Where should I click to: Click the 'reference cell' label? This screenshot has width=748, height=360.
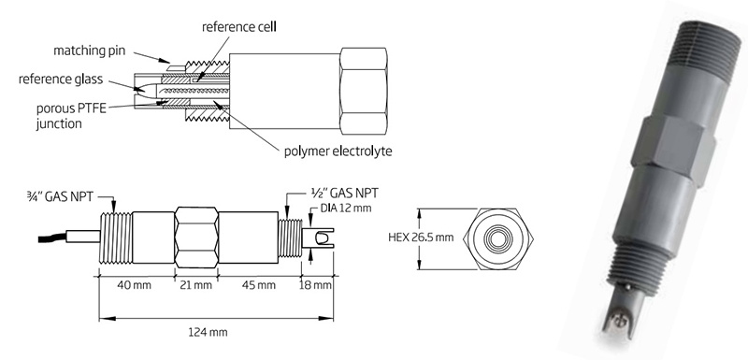pyautogui.click(x=239, y=27)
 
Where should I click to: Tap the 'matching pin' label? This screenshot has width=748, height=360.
pyautogui.click(x=89, y=50)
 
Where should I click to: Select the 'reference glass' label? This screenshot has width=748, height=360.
pyautogui.click(x=61, y=79)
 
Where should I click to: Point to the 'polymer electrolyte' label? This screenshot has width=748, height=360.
pyautogui.click(x=338, y=151)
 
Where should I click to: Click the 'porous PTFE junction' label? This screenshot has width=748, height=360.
pyautogui.click(x=72, y=115)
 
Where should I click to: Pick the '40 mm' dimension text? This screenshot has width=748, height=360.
pyautogui.click(x=135, y=285)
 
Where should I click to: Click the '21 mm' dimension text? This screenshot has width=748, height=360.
pyautogui.click(x=195, y=285)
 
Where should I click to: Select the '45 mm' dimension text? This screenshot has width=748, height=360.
pyautogui.click(x=259, y=285)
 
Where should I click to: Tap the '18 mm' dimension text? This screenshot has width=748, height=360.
pyautogui.click(x=315, y=285)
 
